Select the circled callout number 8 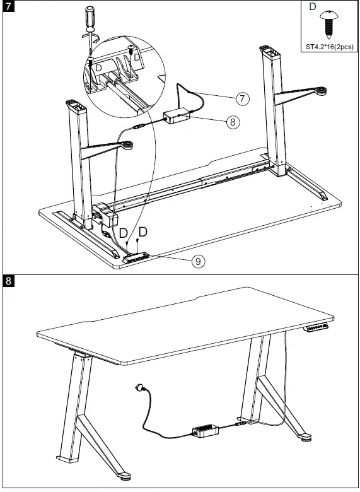coord(233,122)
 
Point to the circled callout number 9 coord(198,261)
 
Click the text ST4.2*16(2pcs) coord(328,46)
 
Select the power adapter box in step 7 coord(177,117)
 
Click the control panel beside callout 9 coord(136,257)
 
